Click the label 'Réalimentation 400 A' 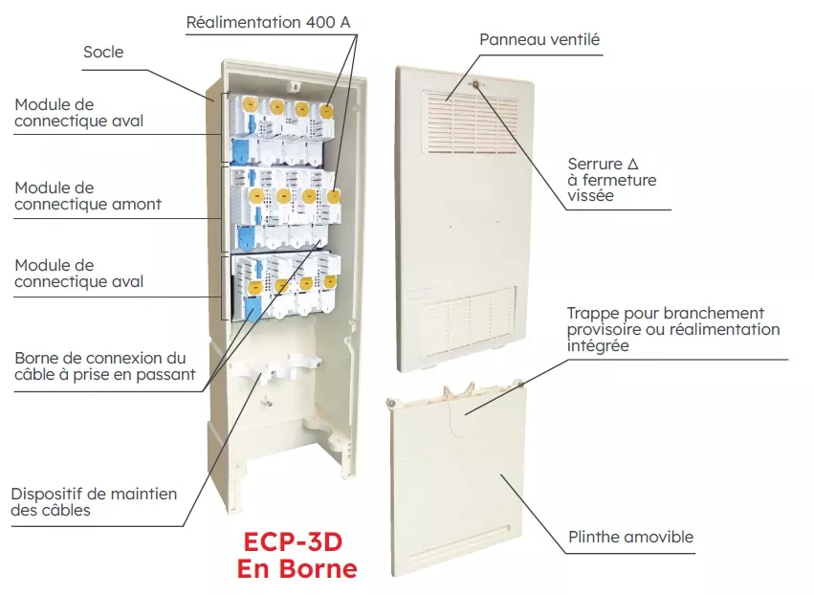[268, 22]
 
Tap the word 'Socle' [103, 52]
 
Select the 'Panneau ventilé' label [539, 39]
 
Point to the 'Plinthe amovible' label [630, 537]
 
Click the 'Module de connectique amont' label [88, 196]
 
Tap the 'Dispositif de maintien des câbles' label [94, 501]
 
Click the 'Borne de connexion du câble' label [105, 366]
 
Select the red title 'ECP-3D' [293, 542]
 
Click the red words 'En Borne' [297, 568]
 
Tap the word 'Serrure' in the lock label [595, 165]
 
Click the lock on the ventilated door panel [475, 83]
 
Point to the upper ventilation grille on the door [472, 123]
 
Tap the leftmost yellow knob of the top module [250, 106]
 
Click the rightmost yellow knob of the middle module [333, 196]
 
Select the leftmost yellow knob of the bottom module [254, 287]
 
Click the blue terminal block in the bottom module [253, 310]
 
